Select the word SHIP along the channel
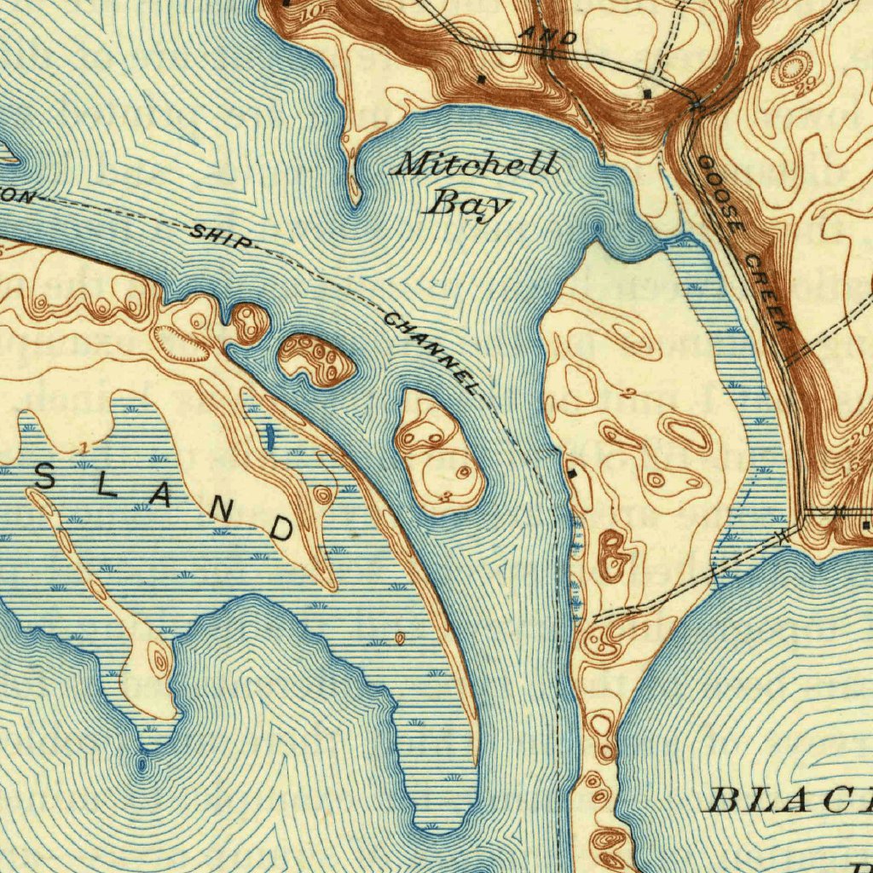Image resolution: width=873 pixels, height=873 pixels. (220, 237)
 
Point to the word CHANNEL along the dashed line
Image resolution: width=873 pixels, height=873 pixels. (431, 355)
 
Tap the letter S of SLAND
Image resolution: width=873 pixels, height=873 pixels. (46, 479)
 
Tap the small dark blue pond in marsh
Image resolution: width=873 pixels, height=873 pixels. (271, 437)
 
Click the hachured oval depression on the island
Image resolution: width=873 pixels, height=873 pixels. (179, 345)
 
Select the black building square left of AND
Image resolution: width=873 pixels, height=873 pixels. (482, 79)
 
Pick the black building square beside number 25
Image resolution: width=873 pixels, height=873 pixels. (648, 91)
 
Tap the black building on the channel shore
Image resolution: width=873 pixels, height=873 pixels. (572, 471)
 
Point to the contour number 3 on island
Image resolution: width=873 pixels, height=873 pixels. (446, 496)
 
